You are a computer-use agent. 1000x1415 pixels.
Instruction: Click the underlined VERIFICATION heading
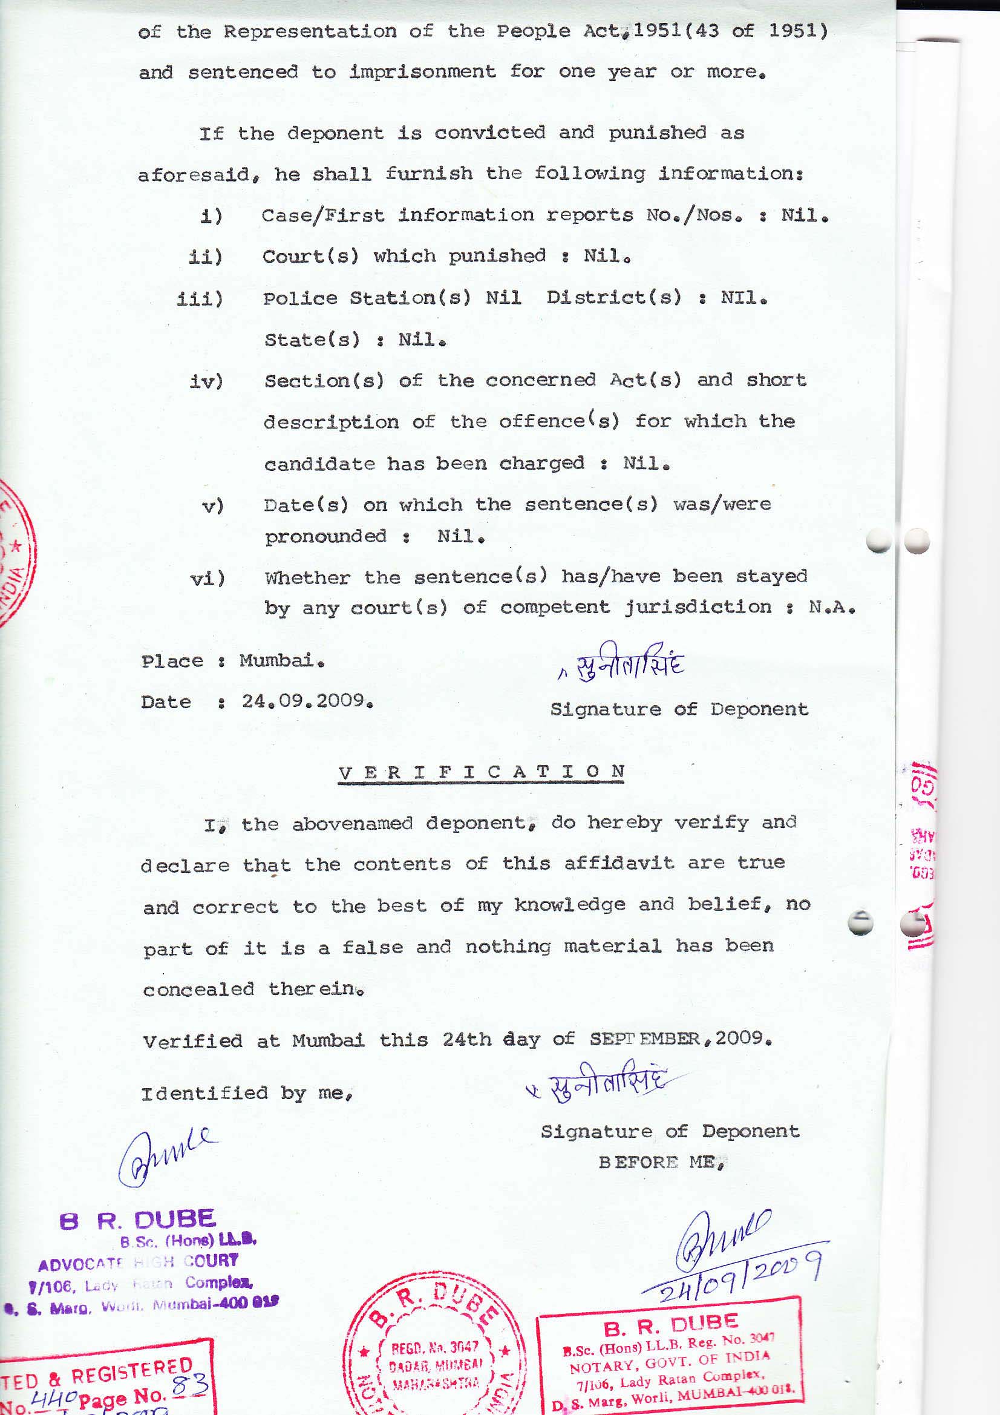tap(482, 772)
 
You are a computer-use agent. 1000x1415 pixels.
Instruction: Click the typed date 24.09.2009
tap(307, 701)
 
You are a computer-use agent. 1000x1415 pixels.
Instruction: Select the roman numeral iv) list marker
tap(206, 381)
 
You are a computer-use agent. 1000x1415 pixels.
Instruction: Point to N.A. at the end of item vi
tap(832, 608)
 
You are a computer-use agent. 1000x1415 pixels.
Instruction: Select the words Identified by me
tap(246, 1094)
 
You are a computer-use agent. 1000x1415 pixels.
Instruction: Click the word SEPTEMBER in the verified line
tap(644, 1039)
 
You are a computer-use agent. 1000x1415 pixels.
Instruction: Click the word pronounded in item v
tap(325, 536)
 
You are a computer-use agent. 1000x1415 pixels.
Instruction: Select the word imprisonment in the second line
tap(422, 72)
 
